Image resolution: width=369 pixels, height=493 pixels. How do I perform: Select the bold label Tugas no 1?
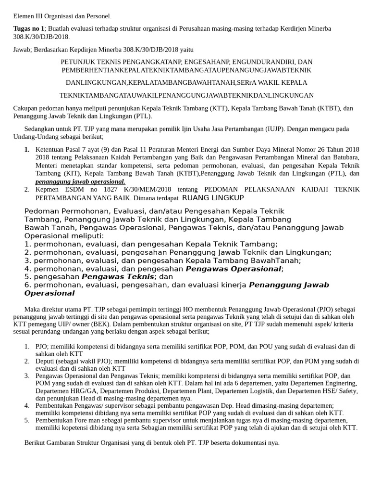coord(28,29)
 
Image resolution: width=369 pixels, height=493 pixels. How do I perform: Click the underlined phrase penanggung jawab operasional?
coord(80,182)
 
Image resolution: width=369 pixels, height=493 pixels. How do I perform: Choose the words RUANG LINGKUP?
coord(213,198)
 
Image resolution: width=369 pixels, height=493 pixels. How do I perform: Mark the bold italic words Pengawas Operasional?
coord(233,269)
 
